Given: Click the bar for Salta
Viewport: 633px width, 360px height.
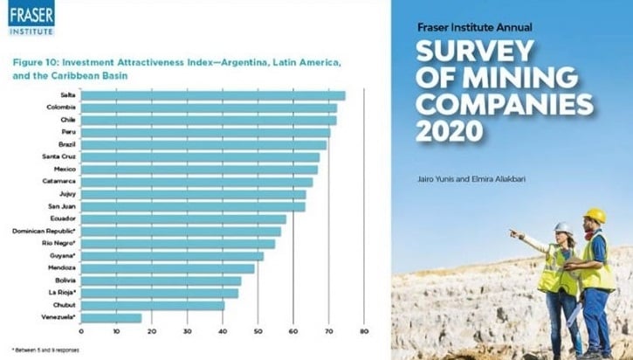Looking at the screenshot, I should (213, 95).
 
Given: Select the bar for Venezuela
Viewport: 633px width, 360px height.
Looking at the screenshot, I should (111, 317).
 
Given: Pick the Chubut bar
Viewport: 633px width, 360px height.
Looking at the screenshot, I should (152, 305).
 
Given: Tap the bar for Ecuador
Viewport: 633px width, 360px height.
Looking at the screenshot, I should (183, 218).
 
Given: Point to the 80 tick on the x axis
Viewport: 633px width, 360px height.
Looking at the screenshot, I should (363, 331).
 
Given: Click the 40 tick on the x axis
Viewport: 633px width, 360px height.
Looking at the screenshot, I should (222, 331).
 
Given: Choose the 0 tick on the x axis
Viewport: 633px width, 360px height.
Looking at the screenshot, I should (81, 331).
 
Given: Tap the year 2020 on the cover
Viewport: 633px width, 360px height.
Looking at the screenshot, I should (450, 132).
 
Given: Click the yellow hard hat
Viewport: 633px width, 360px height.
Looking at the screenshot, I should (595, 215).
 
